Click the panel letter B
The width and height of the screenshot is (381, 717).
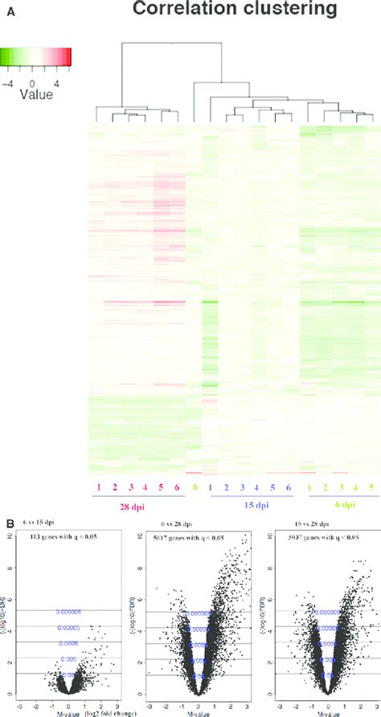8,523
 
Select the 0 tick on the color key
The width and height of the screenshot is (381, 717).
32,82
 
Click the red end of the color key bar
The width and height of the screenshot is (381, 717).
68,55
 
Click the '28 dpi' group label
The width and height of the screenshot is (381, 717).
133,507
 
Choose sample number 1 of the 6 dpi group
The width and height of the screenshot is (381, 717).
309,487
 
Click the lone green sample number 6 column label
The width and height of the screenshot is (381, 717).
194,487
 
